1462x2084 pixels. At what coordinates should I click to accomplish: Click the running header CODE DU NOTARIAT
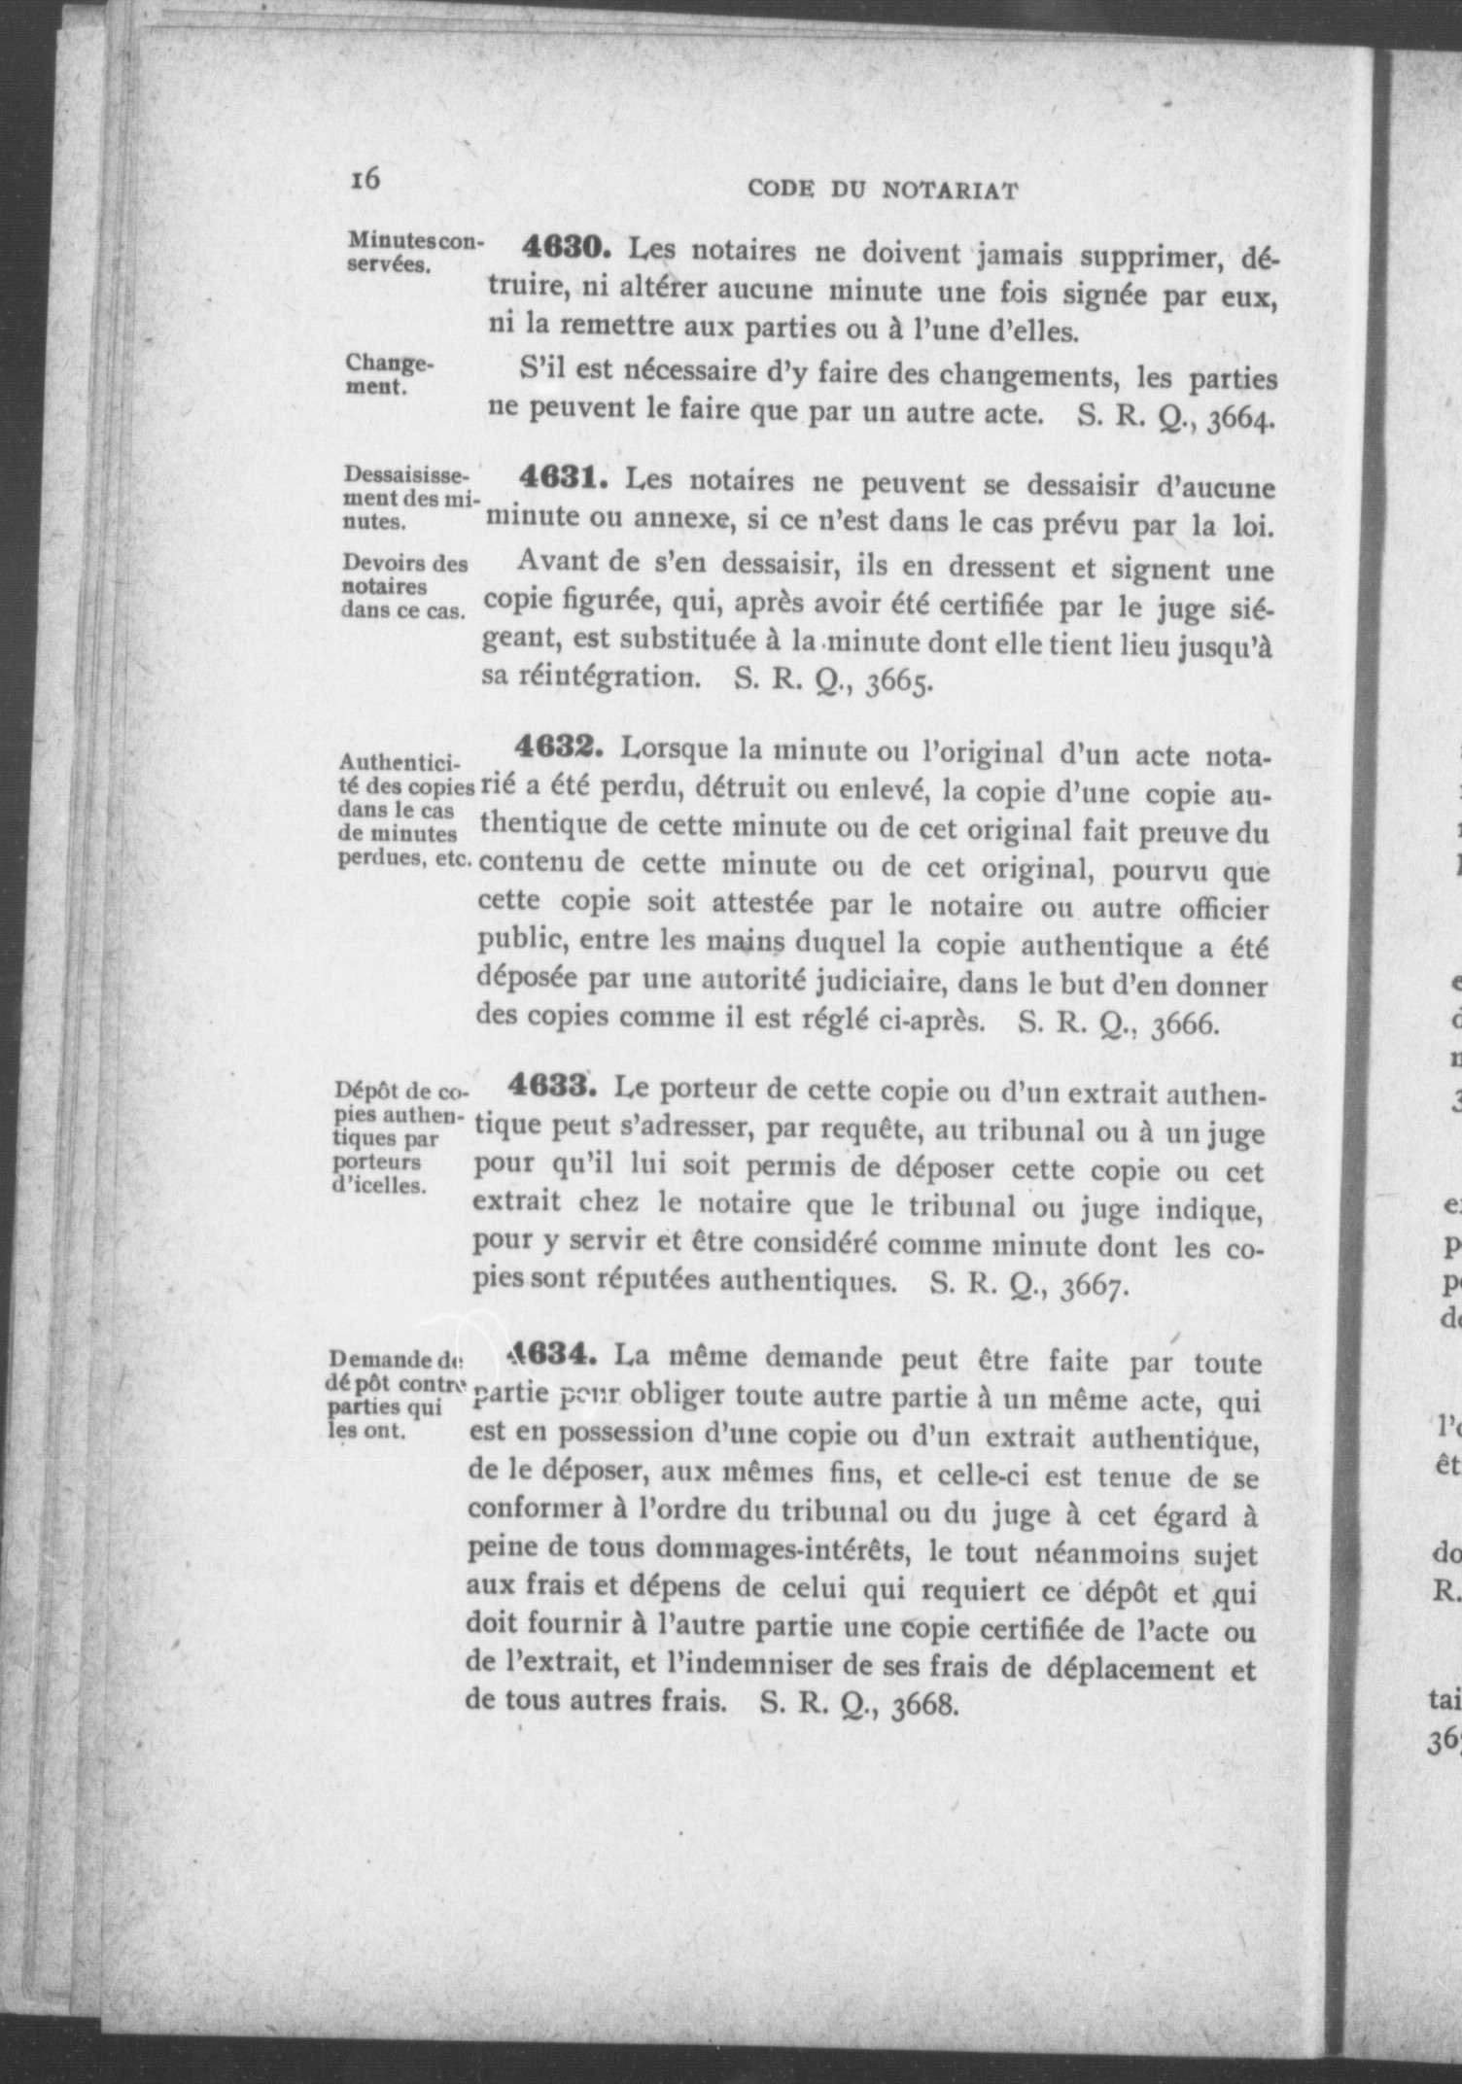883,191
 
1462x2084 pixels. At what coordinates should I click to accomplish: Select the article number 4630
566,248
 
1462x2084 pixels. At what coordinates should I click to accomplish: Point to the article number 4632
560,748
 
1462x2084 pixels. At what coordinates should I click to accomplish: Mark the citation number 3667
1096,1287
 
